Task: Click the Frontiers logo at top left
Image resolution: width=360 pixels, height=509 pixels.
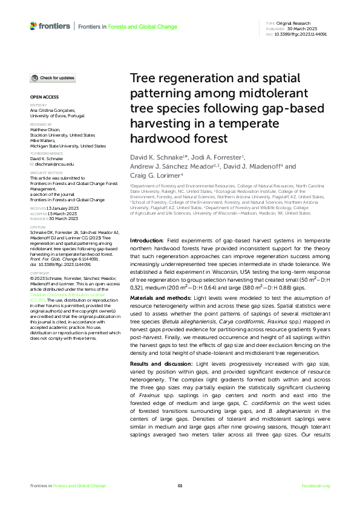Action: click(x=50, y=27)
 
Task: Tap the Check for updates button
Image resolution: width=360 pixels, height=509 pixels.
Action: click(x=54, y=78)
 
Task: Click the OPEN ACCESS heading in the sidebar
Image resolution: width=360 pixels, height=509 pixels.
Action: click(x=44, y=97)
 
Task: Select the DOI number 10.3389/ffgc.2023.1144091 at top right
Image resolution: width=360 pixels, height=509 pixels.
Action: click(x=301, y=34)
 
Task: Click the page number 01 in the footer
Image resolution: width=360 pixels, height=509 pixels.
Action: click(x=180, y=486)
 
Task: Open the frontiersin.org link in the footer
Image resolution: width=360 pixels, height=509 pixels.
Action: click(x=315, y=486)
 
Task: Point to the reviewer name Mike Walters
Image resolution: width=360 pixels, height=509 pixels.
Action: click(x=44, y=141)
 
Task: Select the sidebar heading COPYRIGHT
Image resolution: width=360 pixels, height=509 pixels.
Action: click(x=40, y=273)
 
